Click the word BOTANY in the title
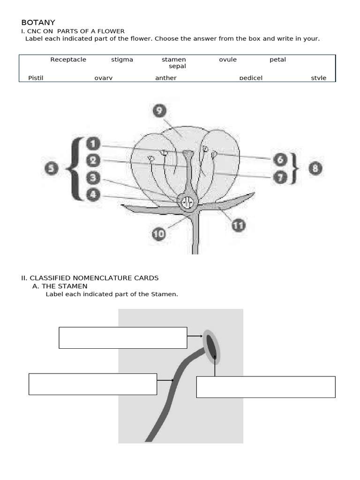[x=38, y=22]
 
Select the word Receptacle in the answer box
[x=68, y=60]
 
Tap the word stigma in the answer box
[x=122, y=60]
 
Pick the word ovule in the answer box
[x=228, y=60]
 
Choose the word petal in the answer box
[x=277, y=60]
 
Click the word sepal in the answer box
[x=177, y=66]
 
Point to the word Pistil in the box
[x=36, y=78]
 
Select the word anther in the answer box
[x=166, y=78]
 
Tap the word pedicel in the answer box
[x=251, y=78]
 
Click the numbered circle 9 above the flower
[x=159, y=111]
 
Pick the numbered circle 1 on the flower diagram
[x=93, y=144]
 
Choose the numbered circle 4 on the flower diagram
[x=93, y=195]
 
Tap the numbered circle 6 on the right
[x=280, y=159]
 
